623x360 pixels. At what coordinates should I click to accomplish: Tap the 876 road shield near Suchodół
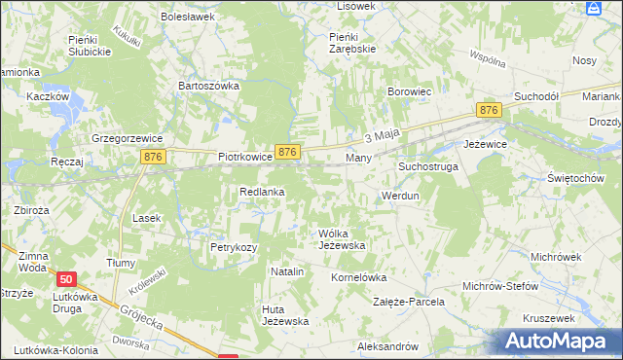489,112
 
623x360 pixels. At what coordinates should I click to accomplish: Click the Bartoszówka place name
208,86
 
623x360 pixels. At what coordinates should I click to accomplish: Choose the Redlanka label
262,192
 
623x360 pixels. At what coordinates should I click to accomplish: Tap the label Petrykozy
234,247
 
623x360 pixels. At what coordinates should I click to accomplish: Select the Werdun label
400,196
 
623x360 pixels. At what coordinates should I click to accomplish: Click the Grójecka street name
141,315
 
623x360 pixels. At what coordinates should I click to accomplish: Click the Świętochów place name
575,179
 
